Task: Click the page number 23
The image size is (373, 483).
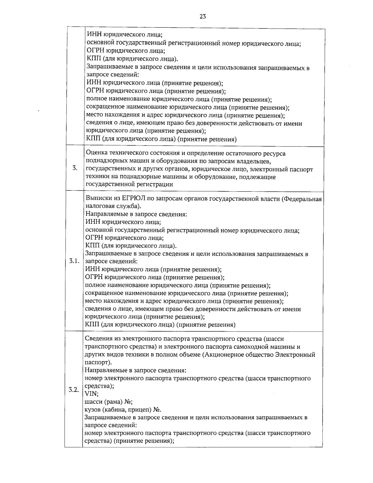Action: pyautogui.click(x=202, y=17)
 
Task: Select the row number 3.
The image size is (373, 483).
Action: pyautogui.click(x=75, y=169)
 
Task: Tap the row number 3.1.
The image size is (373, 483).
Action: pyautogui.click(x=75, y=261)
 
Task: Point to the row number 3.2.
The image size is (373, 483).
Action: pyautogui.click(x=74, y=390)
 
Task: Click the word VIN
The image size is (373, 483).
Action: pyautogui.click(x=90, y=394)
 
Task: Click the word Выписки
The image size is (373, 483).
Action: pyautogui.click(x=97, y=199)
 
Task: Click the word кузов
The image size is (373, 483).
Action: pyautogui.click(x=92, y=409)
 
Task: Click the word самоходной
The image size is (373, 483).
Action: pyautogui.click(x=245, y=346)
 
